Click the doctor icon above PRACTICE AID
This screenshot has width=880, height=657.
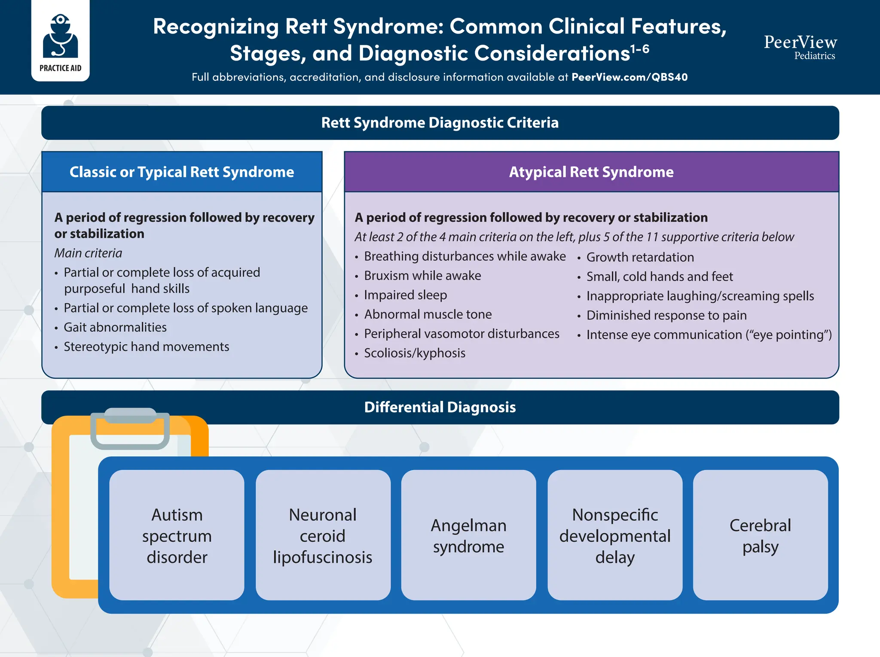(x=61, y=36)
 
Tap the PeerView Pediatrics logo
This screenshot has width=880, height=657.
(x=800, y=46)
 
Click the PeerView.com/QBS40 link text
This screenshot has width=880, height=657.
(x=629, y=77)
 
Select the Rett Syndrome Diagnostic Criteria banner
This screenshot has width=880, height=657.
(x=440, y=123)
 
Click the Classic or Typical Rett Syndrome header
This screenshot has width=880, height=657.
(x=182, y=172)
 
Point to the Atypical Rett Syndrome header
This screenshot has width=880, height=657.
(x=591, y=172)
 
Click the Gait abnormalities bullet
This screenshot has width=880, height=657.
(x=115, y=328)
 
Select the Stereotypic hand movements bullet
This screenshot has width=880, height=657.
(x=146, y=347)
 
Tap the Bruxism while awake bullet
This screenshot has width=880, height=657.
(x=422, y=276)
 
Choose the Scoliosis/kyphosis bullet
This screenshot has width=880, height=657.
(x=415, y=353)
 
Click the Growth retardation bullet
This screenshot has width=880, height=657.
(x=640, y=257)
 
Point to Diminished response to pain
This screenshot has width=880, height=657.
(x=666, y=316)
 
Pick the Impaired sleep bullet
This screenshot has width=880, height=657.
(x=405, y=295)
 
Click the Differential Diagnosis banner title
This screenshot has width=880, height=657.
(x=440, y=407)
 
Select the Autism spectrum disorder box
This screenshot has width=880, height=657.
(x=177, y=535)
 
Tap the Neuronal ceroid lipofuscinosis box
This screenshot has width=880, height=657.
(x=323, y=535)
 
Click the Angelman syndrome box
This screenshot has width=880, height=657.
(x=468, y=535)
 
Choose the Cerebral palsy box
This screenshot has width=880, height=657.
(x=760, y=535)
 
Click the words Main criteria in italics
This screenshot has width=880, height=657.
(x=88, y=253)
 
